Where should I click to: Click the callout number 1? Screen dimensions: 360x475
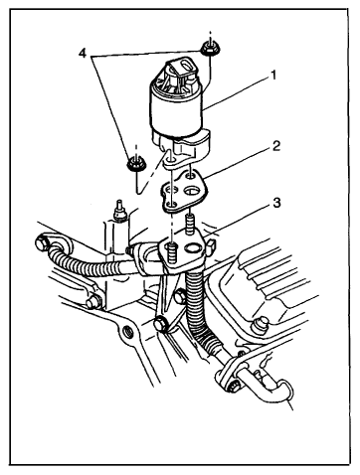pos(273,76)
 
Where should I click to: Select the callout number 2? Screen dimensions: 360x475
pos(276,146)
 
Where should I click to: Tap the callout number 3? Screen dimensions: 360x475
pos(276,203)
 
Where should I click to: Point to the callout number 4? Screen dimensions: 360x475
pos(83,53)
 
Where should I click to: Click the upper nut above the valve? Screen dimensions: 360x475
pos(208,49)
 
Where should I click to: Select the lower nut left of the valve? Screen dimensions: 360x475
pos(134,163)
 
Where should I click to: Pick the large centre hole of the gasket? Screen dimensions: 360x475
pos(192,191)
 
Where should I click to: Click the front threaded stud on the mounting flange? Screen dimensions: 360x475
pos(171,253)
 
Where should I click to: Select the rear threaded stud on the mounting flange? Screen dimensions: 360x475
pos(190,223)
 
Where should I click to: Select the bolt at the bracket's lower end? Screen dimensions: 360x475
pos(162,324)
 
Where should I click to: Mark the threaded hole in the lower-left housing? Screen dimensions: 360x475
pos(128,330)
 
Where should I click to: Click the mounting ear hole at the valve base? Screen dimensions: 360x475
pos(171,162)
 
